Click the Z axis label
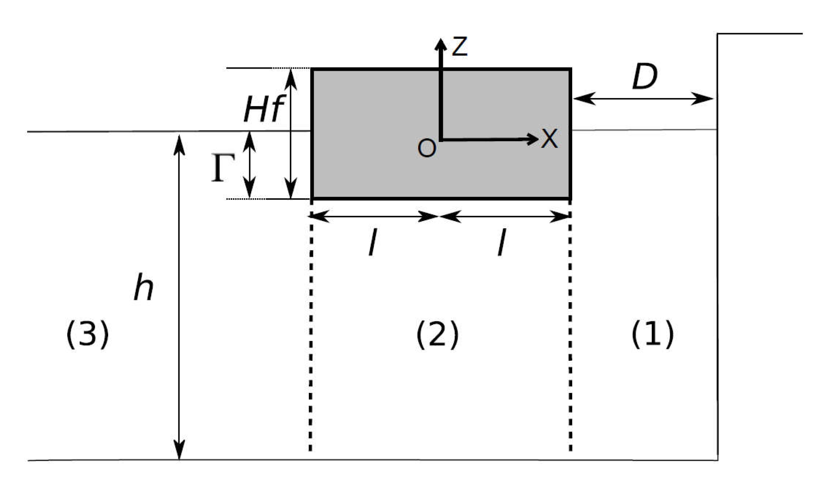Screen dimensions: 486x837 coord(460,47)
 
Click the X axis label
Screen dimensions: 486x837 coord(549,138)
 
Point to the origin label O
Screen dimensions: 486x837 coord(426,148)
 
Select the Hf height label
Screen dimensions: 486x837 coord(263,109)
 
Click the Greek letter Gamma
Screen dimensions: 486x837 coord(223,168)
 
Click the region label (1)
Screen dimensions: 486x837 coord(652,334)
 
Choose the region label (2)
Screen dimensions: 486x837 coord(437,334)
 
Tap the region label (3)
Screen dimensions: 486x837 coord(88,334)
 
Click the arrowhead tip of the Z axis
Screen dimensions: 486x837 coord(440,40)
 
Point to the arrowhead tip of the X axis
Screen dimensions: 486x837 coord(537,139)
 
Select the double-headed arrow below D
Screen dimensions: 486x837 coord(643,98)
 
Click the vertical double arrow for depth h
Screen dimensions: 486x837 coord(180,297)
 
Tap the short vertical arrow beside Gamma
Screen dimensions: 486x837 coord(249,165)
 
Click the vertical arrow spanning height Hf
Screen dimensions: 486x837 coord(291,133)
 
